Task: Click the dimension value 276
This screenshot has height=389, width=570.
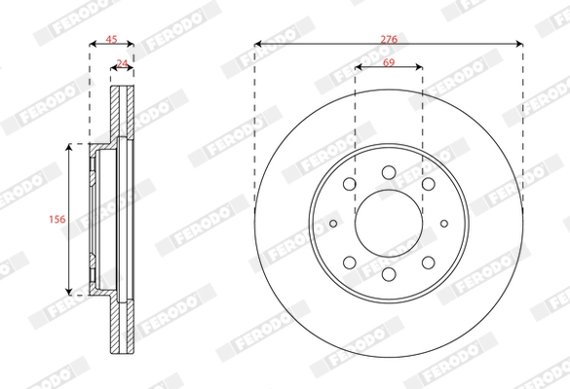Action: click(389, 39)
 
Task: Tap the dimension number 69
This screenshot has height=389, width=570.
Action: click(389, 62)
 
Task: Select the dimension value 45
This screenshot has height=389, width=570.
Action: click(111, 39)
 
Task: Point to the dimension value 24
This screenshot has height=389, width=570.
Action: click(122, 64)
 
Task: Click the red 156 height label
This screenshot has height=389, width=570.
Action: click(57, 219)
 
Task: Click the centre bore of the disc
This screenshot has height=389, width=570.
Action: click(389, 223)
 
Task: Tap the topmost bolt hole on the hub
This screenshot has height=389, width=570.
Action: click(389, 172)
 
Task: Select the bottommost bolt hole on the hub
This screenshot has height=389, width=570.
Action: click(389, 274)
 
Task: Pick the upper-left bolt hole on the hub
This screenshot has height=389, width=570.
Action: click(350, 184)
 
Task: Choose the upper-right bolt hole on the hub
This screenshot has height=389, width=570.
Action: click(429, 184)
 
